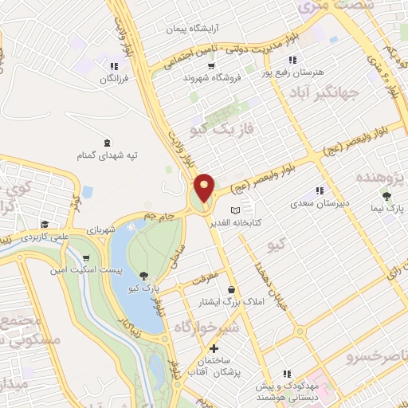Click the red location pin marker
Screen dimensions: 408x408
(x=205, y=188)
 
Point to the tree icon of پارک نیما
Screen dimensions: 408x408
(x=387, y=196)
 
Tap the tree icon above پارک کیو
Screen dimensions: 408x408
(x=143, y=275)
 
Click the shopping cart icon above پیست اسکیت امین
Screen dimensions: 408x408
(x=86, y=258)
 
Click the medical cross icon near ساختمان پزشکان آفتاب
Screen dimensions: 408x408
(x=213, y=348)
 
